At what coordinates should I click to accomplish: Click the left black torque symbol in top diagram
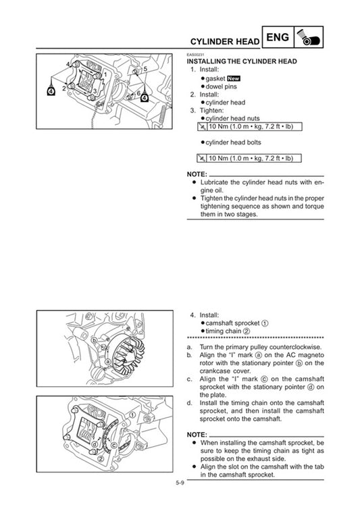pos(51,92)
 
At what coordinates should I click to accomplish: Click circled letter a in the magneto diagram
pos(107,362)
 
